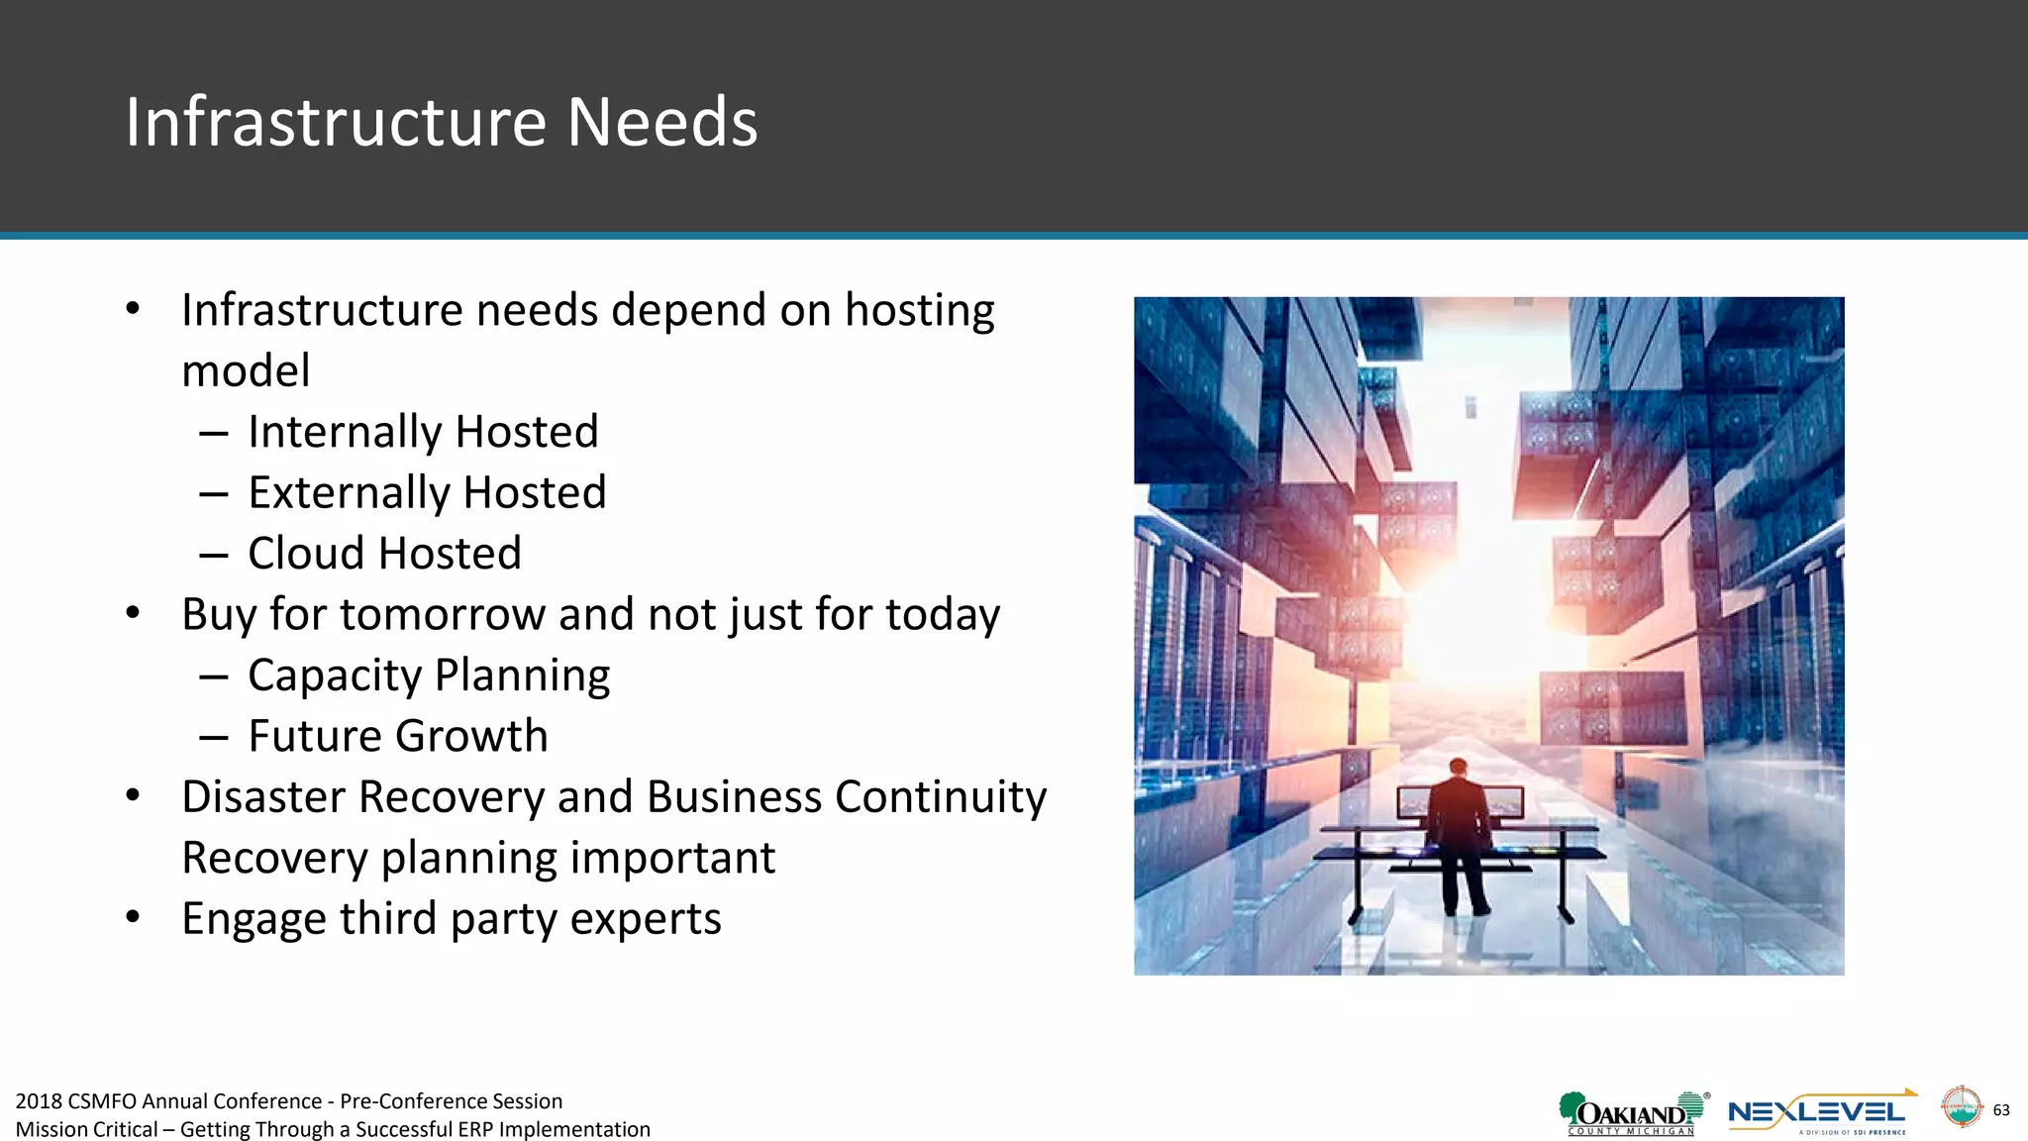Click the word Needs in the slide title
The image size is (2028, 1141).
point(661,122)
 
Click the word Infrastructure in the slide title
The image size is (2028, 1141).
point(336,122)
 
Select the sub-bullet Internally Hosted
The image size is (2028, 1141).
point(423,432)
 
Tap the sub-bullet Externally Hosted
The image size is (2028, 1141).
point(427,492)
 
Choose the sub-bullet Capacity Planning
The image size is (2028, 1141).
point(429,675)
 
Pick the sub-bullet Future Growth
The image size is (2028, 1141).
point(397,736)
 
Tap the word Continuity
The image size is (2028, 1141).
point(940,797)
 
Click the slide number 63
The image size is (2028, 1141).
point(2000,1109)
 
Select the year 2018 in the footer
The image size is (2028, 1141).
point(39,1101)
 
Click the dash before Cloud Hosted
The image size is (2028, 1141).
point(214,555)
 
